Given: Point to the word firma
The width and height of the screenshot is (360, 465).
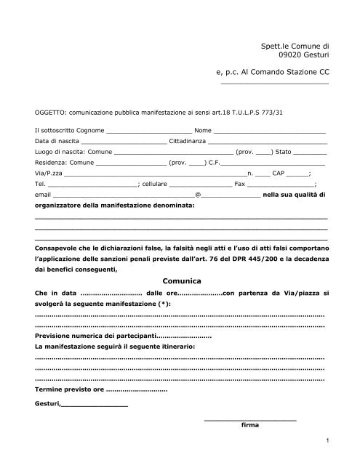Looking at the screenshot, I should click(x=249, y=425).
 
